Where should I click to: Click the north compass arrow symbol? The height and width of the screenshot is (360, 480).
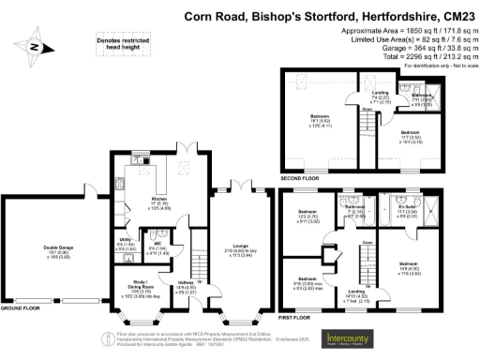click(35, 45)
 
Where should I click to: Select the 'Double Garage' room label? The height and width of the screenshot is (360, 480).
click(57, 247)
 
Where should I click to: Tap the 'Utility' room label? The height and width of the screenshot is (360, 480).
click(124, 242)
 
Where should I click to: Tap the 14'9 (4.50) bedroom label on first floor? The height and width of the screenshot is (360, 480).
click(410, 265)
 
